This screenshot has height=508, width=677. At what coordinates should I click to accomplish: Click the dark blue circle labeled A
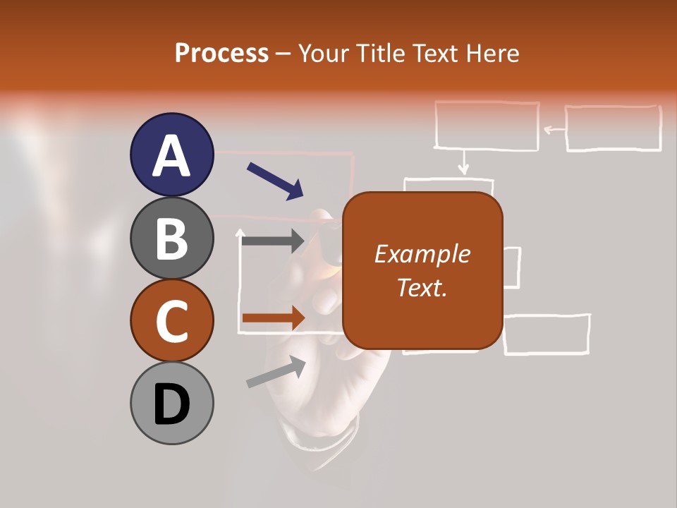tap(172, 155)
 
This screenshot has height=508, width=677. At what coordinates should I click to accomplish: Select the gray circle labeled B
tap(172, 238)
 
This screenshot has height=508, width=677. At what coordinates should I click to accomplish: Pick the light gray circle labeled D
tap(172, 403)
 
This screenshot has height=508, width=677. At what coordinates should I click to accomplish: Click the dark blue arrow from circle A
tap(275, 181)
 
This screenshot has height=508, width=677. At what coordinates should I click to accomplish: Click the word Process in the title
tap(221, 54)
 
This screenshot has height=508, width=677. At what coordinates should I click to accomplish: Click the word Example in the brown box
tap(422, 254)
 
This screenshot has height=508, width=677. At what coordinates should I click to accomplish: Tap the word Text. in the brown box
tap(422, 287)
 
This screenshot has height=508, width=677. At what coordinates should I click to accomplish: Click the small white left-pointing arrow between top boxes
tap(554, 129)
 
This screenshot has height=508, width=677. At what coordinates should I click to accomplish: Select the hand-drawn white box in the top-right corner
tap(614, 128)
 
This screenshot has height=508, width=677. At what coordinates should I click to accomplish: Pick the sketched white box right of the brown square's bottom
tap(547, 333)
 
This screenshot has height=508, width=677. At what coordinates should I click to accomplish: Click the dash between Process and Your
tap(283, 54)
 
